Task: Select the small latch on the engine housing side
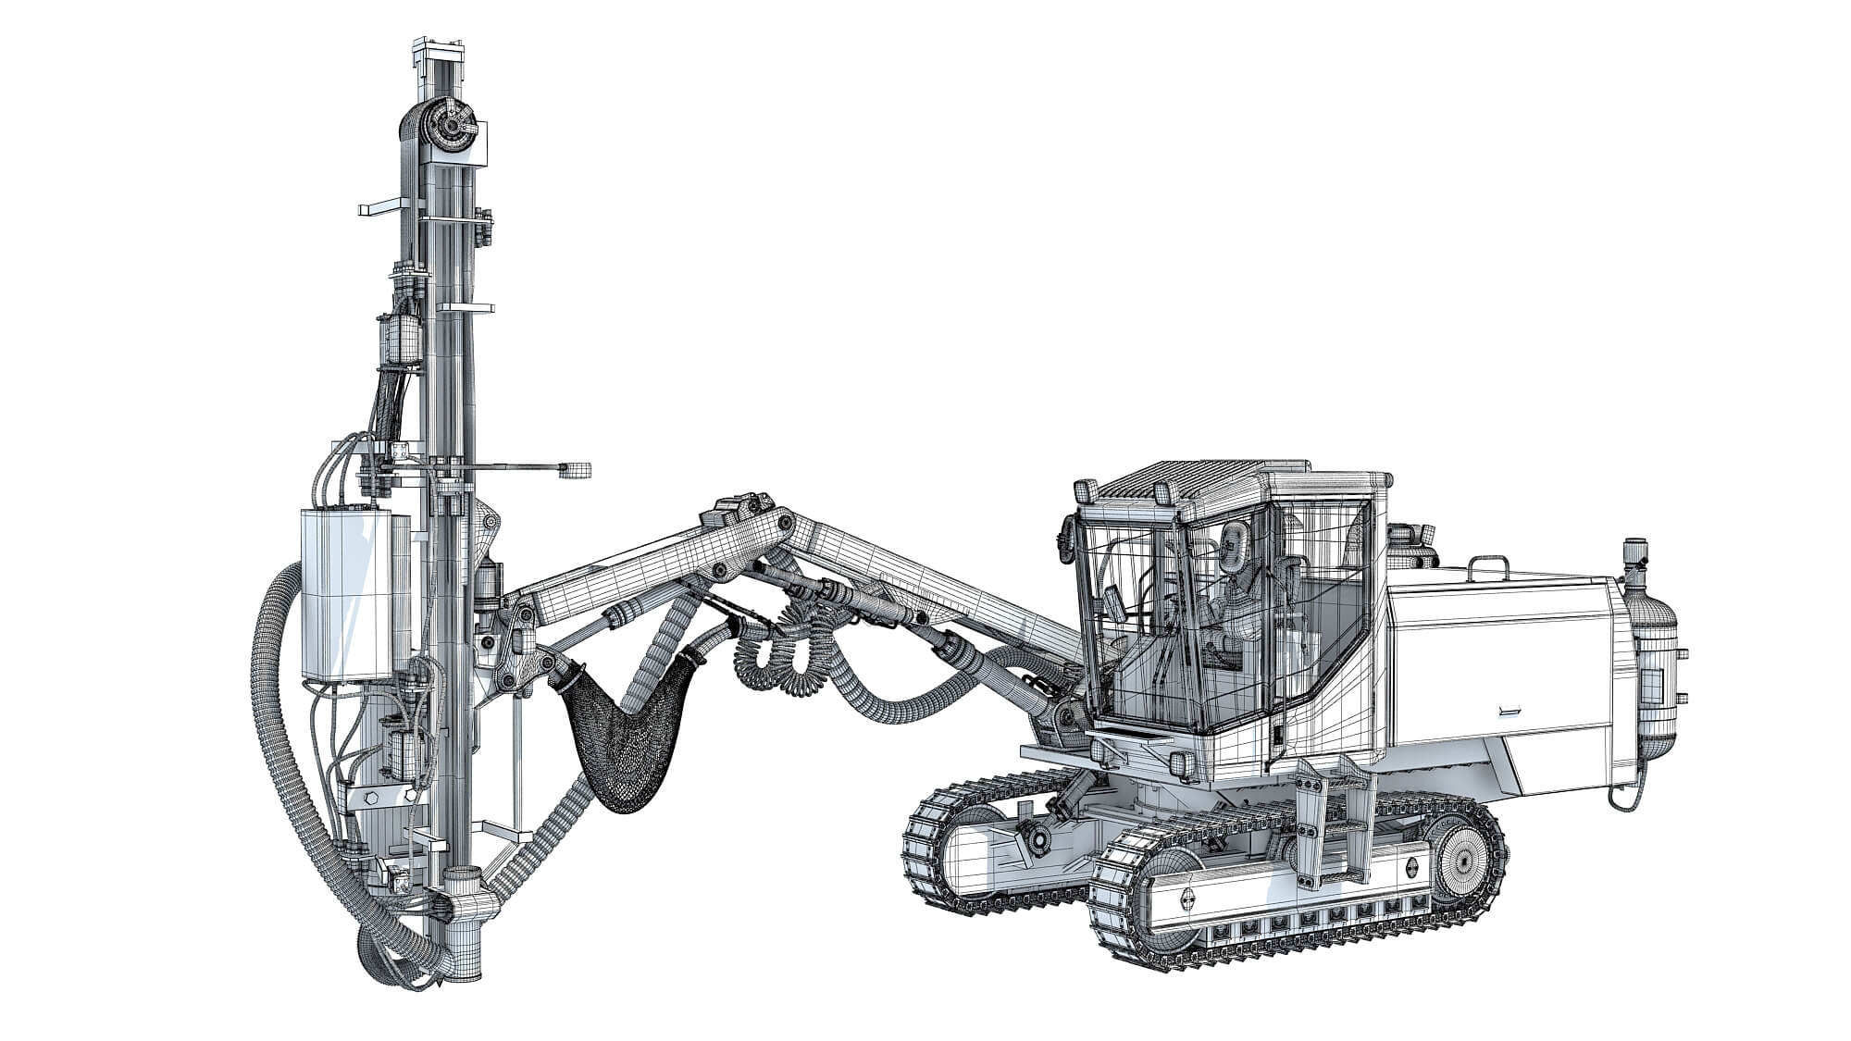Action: (1509, 711)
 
